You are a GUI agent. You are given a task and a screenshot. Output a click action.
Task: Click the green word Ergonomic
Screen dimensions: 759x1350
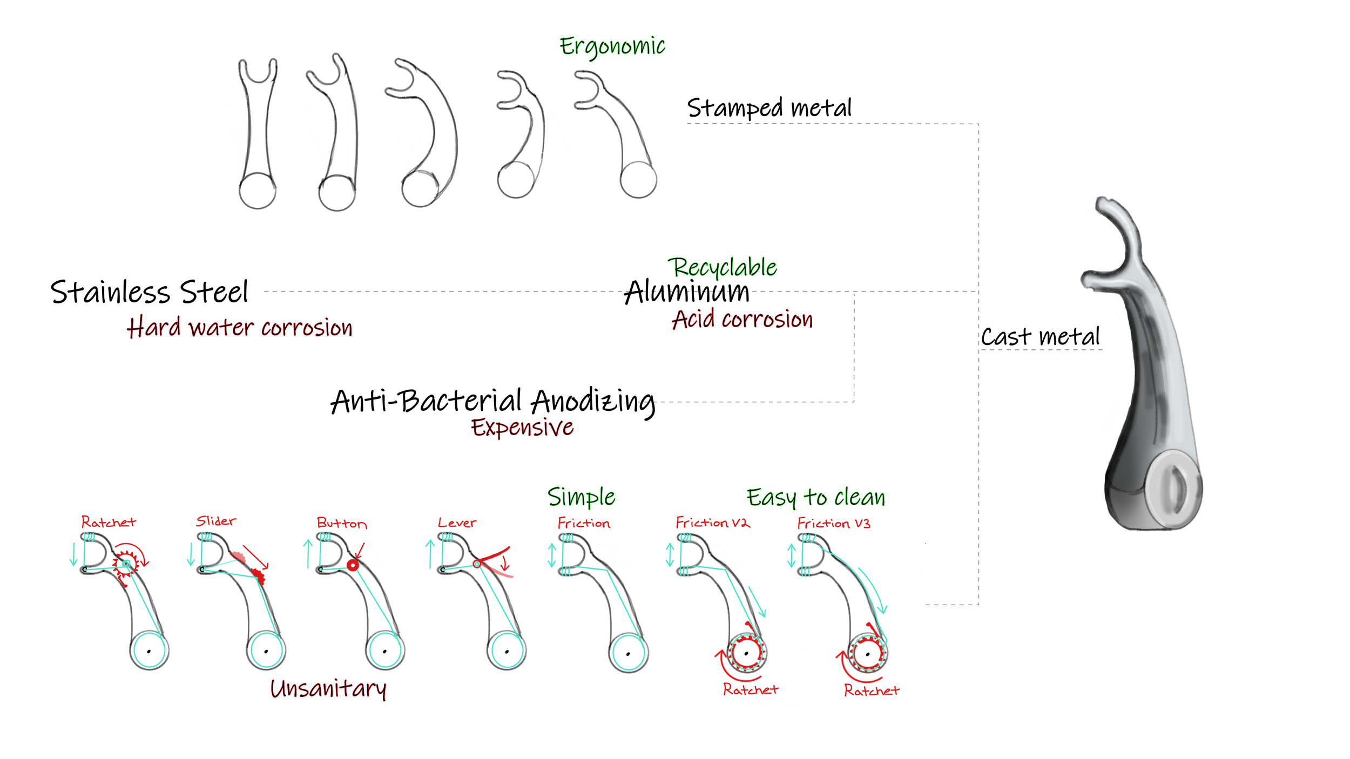point(612,46)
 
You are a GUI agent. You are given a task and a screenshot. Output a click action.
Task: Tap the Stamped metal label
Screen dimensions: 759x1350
point(769,108)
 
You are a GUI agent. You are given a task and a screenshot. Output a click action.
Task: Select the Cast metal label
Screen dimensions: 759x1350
point(1040,337)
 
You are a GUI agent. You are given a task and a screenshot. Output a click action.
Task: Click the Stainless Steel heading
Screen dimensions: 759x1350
point(149,292)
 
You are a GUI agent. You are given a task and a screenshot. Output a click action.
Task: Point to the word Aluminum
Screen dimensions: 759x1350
point(687,292)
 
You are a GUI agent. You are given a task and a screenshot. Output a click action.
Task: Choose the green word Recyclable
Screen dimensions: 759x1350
point(722,267)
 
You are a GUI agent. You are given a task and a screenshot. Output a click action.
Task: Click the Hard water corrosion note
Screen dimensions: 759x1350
point(239,328)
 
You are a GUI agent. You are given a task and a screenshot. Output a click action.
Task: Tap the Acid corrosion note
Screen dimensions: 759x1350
point(742,319)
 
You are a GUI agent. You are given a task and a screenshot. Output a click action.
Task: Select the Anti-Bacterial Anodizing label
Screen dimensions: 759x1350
point(492,401)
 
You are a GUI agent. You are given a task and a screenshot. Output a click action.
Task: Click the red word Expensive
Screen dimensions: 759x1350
point(522,427)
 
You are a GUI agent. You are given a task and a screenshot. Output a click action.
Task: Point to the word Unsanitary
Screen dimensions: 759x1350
point(328,688)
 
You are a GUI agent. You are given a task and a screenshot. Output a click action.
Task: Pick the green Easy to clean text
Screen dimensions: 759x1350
point(815,497)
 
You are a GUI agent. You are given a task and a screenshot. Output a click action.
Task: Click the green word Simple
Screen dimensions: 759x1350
point(581,497)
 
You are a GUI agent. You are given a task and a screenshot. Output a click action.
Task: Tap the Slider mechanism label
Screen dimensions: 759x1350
point(216,521)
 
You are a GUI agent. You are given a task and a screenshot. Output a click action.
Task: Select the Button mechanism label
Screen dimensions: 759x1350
point(342,523)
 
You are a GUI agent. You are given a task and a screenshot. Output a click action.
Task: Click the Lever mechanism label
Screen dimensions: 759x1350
point(457,523)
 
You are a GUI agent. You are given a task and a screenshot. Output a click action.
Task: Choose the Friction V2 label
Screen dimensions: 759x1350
point(712,523)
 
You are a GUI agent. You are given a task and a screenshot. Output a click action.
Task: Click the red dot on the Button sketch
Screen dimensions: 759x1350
point(353,565)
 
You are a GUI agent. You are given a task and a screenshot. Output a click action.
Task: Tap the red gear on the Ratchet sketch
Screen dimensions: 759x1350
point(126,564)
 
